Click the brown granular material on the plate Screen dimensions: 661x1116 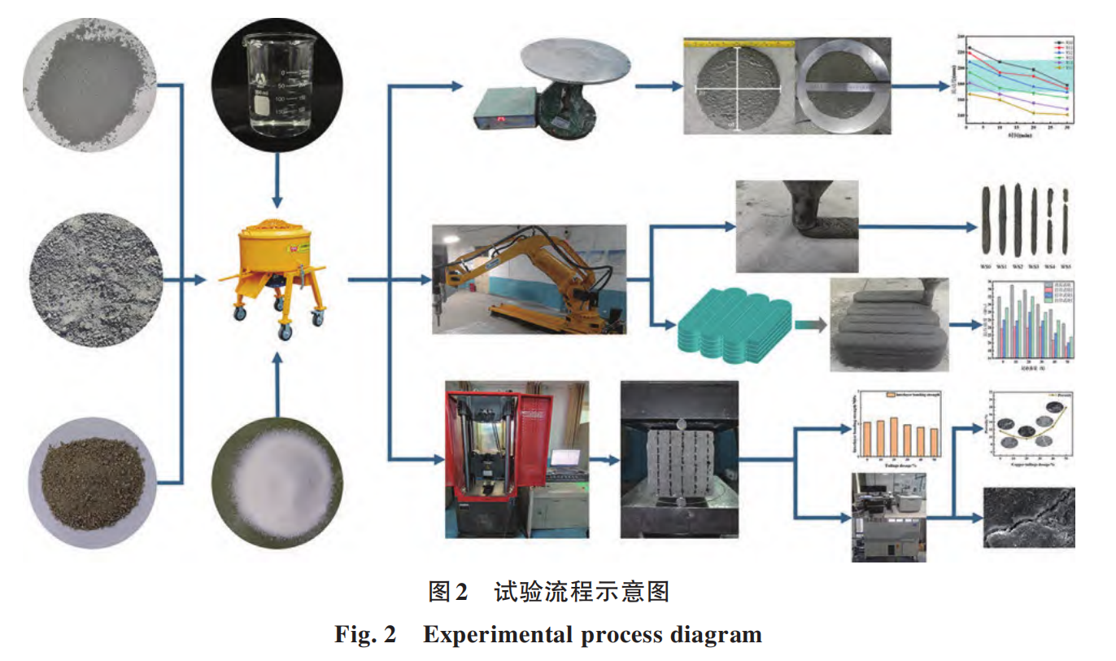[90, 477]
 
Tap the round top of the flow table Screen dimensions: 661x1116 [578, 61]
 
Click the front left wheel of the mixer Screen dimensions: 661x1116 [241, 313]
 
